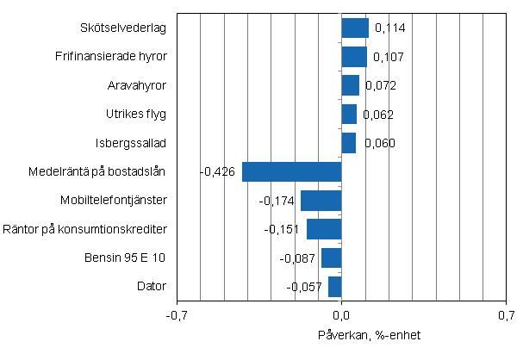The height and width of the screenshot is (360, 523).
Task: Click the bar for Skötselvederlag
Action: (x=355, y=28)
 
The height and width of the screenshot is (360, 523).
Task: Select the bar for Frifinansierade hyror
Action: (x=354, y=57)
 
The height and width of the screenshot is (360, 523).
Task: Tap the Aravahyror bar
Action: (x=350, y=85)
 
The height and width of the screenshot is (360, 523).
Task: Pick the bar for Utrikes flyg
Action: (x=349, y=114)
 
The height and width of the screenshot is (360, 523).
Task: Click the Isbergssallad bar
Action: (x=349, y=143)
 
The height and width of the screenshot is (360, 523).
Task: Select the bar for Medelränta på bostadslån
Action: (x=292, y=171)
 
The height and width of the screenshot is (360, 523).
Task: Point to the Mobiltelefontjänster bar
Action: (x=321, y=201)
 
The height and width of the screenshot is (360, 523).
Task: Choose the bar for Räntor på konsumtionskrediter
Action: (x=324, y=229)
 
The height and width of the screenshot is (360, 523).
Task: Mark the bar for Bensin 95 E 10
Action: (x=332, y=258)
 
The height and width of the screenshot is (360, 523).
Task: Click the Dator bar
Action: (x=335, y=287)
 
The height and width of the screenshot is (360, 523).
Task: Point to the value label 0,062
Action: (x=379, y=115)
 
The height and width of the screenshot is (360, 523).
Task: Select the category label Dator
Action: (x=152, y=287)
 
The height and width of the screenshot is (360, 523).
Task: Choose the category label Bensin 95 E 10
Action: (x=125, y=258)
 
